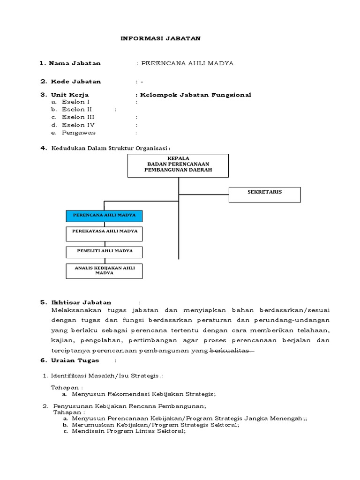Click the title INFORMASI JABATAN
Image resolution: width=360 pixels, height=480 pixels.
(161, 38)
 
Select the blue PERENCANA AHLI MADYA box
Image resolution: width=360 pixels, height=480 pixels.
(104, 216)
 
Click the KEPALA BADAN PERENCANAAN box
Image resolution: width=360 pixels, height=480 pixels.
(178, 165)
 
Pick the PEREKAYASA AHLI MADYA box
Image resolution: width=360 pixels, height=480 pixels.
(104, 233)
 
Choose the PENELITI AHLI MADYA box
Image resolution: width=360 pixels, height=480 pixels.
(104, 251)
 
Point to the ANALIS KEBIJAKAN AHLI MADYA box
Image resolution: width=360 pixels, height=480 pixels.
(104, 270)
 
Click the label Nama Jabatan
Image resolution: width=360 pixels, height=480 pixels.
(75, 63)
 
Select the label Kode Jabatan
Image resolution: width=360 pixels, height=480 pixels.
(75, 82)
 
